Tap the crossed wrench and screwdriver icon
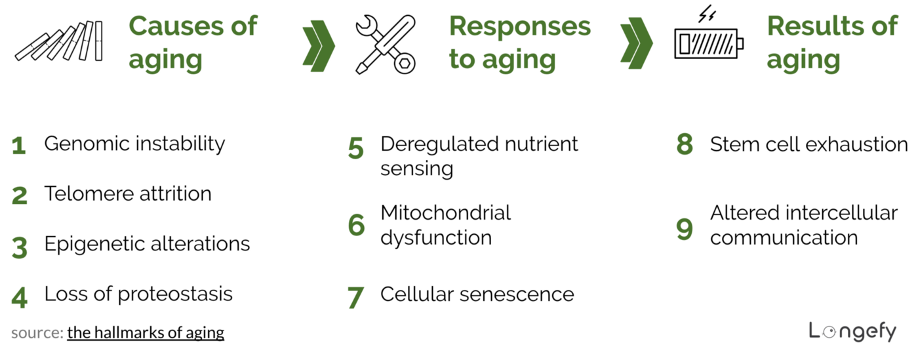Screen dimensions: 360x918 tap(386, 43)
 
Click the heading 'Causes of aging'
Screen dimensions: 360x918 tap(193, 43)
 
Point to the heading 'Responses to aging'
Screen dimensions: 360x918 tap(519, 43)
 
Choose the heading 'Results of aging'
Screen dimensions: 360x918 tap(831, 43)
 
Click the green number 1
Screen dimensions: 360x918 tap(19, 146)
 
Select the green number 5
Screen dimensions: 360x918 tap(355, 149)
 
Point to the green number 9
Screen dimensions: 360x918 tap(685, 229)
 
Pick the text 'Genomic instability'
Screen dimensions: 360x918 tap(134, 144)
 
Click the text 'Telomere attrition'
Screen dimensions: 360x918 tap(128, 193)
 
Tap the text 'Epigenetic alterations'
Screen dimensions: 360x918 tap(147, 244)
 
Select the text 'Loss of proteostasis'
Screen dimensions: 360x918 tap(138, 294)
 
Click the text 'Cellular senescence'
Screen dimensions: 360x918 tap(477, 294)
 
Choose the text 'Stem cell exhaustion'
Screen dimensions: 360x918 tap(808, 144)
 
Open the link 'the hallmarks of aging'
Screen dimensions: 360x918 tap(146, 332)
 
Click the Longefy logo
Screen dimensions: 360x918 tap(852, 331)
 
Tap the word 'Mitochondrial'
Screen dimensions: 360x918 tap(445, 212)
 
